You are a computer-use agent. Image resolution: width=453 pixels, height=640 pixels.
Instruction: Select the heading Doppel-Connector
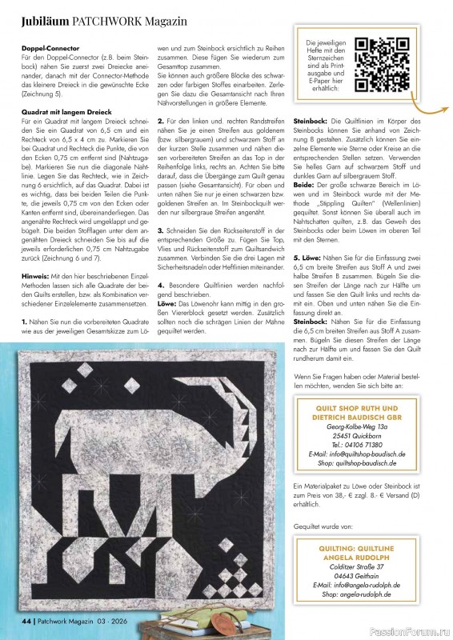(x=51, y=48)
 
